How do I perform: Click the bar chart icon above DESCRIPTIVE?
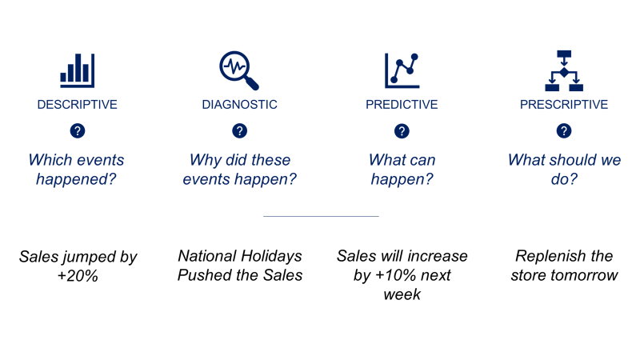(x=77, y=70)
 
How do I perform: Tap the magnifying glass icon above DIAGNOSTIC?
(x=238, y=70)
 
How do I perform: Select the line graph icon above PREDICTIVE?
(x=402, y=70)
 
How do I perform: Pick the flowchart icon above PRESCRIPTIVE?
(x=563, y=70)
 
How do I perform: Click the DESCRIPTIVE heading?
(x=77, y=105)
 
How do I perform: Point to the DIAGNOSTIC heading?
(x=239, y=105)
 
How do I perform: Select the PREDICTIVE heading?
(x=402, y=105)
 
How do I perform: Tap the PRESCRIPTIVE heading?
(x=563, y=105)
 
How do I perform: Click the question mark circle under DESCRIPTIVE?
(x=78, y=131)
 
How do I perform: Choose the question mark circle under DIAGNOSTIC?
(x=239, y=131)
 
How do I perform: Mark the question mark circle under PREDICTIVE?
(x=402, y=131)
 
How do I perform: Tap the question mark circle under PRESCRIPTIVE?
(x=564, y=131)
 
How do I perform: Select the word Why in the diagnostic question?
(x=205, y=160)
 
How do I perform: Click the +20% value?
(x=78, y=276)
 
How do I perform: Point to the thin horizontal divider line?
(x=320, y=216)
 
